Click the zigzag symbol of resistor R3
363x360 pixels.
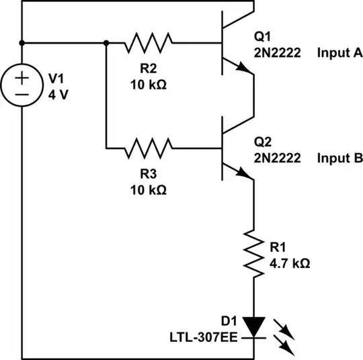point(149,146)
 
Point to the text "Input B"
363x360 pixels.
point(340,159)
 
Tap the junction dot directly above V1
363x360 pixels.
point(22,43)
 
